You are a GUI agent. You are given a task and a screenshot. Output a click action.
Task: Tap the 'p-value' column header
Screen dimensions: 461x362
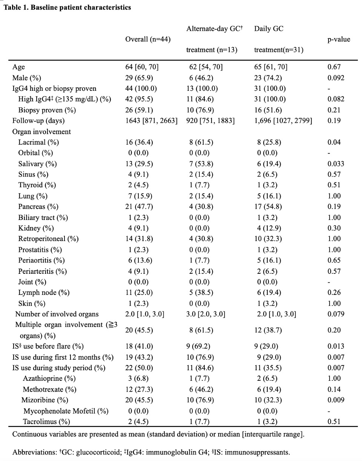339,39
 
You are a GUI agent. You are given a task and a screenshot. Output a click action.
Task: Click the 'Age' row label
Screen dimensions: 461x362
18,67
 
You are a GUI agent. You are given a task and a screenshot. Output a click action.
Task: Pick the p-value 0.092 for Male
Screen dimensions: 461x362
336,78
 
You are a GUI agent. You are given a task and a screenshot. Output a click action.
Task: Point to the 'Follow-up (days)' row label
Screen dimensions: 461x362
38,121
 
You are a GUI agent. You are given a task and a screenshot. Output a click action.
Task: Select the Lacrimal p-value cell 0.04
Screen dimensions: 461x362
334,142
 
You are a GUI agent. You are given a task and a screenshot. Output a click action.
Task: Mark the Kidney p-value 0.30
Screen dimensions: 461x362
334,228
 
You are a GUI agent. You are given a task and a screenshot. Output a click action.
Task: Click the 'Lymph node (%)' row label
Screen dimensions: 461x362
44,293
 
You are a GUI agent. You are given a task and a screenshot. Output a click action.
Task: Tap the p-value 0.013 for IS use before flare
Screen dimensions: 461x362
336,347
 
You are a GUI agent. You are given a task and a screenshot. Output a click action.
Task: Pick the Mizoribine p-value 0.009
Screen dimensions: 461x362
336,400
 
